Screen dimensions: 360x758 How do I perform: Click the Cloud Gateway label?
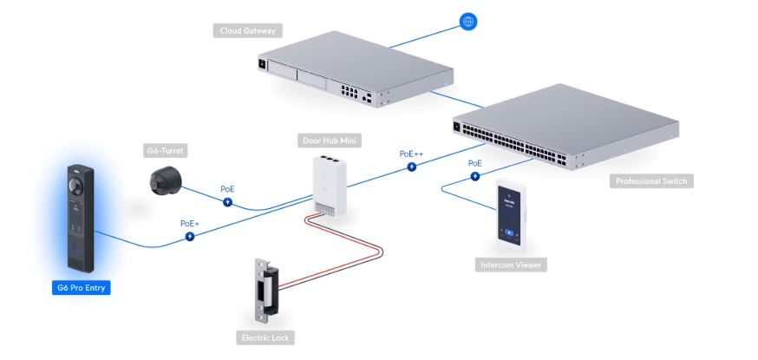point(246,30)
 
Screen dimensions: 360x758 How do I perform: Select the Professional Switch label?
point(650,181)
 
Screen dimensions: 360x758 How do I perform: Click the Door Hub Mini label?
point(330,141)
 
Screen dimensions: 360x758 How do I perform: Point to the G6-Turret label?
point(166,151)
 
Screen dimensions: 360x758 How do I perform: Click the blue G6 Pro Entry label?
point(82,287)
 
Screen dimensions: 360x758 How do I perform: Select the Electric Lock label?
point(264,337)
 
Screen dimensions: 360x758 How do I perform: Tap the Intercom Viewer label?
point(512,265)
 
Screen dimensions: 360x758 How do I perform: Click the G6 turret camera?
point(164,180)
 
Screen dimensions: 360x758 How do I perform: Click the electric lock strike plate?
point(262,288)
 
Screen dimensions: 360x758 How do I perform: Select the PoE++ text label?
point(412,154)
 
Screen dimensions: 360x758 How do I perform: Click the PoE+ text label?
point(190,223)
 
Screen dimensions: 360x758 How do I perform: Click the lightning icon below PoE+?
point(190,235)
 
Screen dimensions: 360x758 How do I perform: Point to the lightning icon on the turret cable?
point(227,201)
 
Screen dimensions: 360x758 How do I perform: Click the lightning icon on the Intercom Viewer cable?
point(474,176)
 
